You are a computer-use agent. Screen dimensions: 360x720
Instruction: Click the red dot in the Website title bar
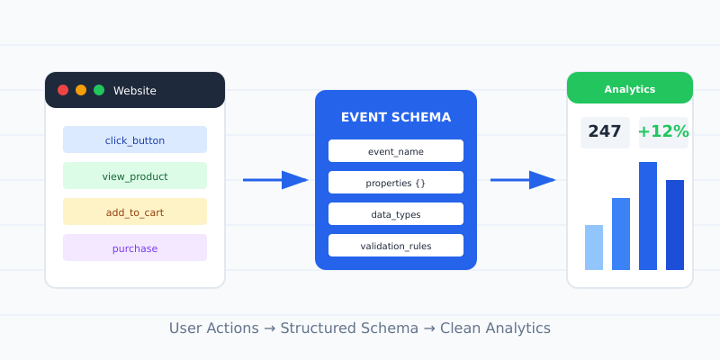(63, 90)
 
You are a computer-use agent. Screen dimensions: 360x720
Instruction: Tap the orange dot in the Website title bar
(81, 90)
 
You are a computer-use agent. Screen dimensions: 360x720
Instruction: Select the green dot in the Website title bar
(99, 90)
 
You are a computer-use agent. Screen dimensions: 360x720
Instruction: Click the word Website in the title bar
(135, 91)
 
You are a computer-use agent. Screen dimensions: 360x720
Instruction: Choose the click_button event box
(135, 139)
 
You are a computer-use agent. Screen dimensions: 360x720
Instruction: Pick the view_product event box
(135, 175)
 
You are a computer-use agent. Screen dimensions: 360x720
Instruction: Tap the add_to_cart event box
(135, 211)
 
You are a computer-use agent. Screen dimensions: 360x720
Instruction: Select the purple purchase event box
(135, 247)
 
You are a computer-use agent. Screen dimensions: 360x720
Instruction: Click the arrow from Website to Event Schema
(275, 180)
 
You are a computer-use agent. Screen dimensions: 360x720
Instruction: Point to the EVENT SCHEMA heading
(396, 118)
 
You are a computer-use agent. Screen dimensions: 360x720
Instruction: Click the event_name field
(396, 150)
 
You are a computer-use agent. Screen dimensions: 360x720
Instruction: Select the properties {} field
(396, 183)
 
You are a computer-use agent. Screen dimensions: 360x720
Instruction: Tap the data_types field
(396, 214)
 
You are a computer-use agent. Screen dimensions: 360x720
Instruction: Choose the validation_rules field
(396, 246)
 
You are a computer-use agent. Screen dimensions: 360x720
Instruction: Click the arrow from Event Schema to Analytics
(523, 180)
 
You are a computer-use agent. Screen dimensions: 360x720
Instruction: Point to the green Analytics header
(630, 89)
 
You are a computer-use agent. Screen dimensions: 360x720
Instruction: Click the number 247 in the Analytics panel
(605, 132)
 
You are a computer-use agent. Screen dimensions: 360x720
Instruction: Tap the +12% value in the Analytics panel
(663, 132)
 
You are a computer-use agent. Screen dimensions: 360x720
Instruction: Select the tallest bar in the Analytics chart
(648, 216)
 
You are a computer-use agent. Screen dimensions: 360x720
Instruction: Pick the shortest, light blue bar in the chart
(594, 247)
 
